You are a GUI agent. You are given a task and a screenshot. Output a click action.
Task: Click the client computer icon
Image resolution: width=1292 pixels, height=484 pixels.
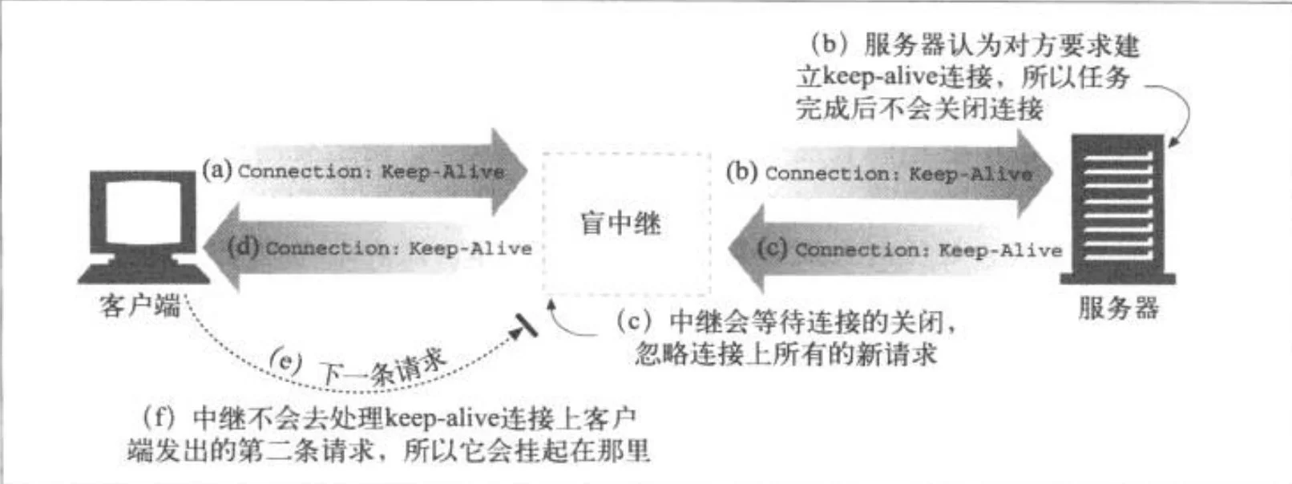(x=144, y=228)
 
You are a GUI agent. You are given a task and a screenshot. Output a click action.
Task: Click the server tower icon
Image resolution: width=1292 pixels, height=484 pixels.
(x=1118, y=209)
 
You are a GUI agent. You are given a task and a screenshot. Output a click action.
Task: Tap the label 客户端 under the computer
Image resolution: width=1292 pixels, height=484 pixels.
(x=140, y=306)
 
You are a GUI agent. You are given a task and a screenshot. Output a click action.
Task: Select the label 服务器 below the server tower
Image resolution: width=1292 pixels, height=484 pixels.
(x=1118, y=308)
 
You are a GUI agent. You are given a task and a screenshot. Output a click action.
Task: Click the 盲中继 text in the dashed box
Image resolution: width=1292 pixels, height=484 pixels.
(x=620, y=224)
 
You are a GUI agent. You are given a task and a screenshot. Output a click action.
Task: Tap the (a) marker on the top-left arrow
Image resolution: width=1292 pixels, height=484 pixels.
(x=217, y=170)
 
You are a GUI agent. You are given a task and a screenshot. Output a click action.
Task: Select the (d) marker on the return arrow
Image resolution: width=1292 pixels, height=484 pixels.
(x=244, y=248)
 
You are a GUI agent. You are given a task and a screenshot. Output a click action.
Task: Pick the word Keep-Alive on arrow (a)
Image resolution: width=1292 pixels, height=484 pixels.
(x=443, y=171)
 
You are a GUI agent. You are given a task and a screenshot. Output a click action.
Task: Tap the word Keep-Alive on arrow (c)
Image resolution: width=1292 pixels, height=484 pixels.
(x=1000, y=250)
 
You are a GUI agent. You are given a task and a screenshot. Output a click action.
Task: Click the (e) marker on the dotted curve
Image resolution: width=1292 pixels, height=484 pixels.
(x=285, y=361)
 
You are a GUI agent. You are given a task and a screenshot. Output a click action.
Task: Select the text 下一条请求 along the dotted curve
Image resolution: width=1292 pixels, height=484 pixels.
(x=383, y=367)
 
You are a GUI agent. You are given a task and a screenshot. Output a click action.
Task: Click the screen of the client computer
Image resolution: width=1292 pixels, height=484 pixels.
(x=143, y=214)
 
